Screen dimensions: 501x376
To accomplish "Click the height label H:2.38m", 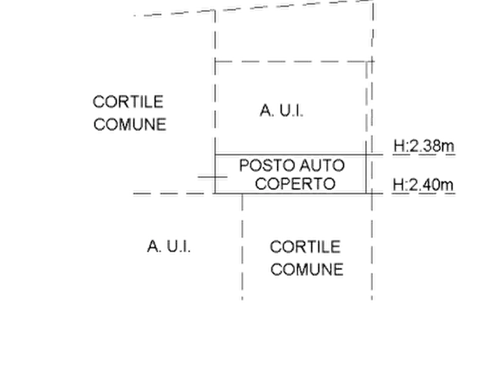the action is point(424,146).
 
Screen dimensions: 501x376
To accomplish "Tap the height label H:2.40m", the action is point(423,185).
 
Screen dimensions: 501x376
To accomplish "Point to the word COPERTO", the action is point(295,184).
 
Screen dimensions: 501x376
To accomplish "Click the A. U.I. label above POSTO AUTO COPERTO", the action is point(282,111).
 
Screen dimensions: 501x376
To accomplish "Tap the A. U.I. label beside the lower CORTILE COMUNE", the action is point(169,246).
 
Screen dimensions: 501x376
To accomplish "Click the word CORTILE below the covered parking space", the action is point(305,247).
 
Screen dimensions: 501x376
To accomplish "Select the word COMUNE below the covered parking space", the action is point(307,269).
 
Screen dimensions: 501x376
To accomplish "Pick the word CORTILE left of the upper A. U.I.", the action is point(128,102).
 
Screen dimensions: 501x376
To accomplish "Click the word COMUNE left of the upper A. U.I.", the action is point(130,124).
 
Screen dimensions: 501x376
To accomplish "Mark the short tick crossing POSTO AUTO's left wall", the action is point(213,176).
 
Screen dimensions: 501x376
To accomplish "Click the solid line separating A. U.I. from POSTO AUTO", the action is point(291,155).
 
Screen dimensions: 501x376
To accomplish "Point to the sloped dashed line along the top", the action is point(254,8).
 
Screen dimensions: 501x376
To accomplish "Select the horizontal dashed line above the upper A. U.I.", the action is point(294,61).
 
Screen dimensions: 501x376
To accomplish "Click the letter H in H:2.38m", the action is point(399,146).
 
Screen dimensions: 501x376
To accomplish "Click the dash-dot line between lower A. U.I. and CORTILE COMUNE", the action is point(242,247).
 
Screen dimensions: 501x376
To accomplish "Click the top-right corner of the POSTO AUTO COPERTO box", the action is point(366,155).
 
